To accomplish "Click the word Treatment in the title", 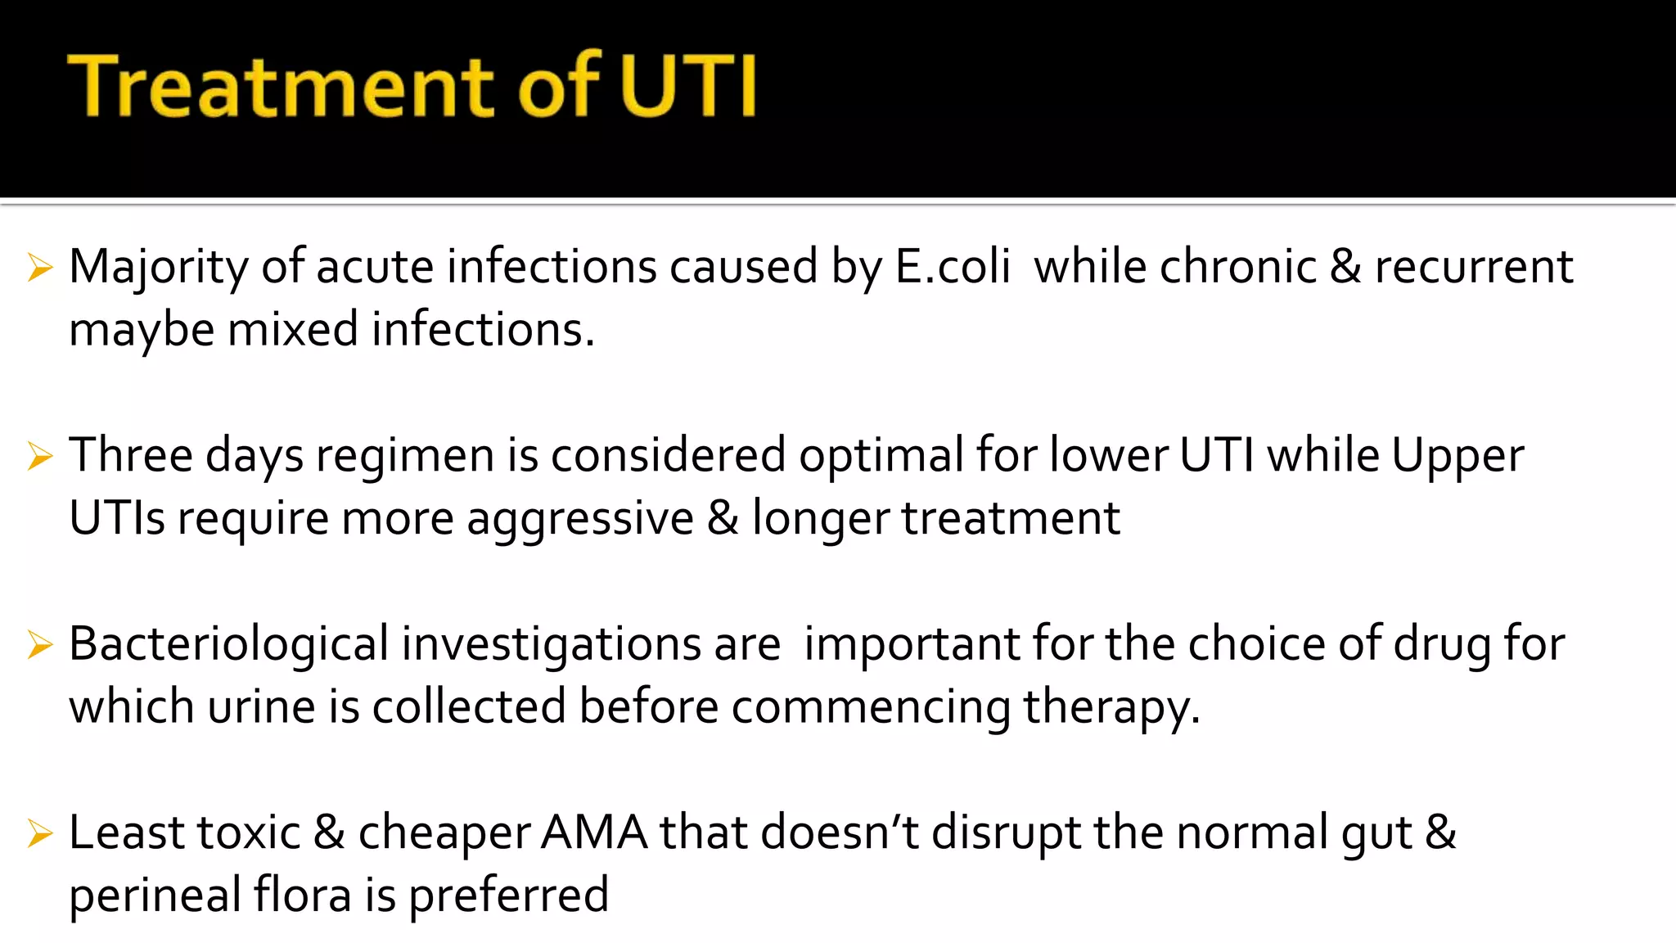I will click(x=282, y=87).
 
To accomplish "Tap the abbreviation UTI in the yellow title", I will click(x=687, y=87).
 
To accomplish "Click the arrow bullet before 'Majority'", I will click(x=39, y=268).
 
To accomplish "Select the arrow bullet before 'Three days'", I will click(x=39, y=456).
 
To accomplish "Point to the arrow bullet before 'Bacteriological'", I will click(x=39, y=645).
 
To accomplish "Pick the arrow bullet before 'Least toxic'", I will click(x=39, y=833).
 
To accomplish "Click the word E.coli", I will click(x=953, y=267).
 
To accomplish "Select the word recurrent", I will click(x=1473, y=267).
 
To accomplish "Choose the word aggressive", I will click(x=579, y=519).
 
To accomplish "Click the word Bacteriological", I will click(x=228, y=645).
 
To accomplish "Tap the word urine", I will click(x=261, y=706).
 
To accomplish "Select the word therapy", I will click(x=1111, y=708).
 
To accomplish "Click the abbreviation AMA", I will click(x=594, y=832).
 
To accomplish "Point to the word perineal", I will click(x=155, y=895).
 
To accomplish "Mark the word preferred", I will click(x=508, y=895).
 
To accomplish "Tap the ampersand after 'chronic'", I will click(x=1345, y=267).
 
